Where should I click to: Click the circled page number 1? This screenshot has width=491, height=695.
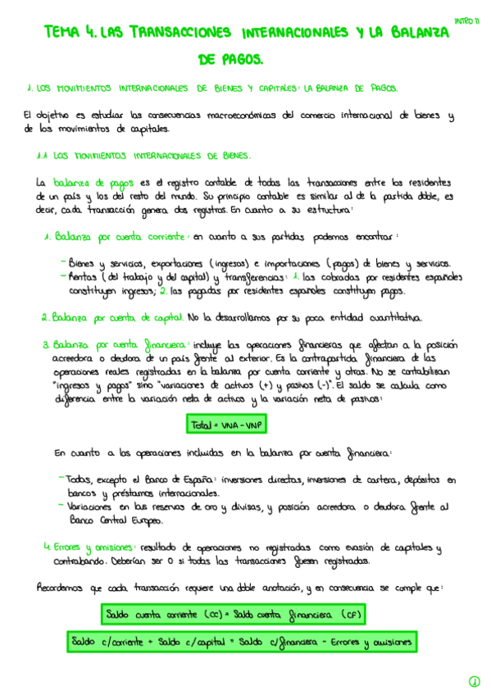pyautogui.click(x=474, y=681)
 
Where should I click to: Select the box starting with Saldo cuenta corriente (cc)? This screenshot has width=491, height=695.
pyautogui.click(x=233, y=614)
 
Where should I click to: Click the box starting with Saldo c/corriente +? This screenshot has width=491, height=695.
pyautogui.click(x=241, y=642)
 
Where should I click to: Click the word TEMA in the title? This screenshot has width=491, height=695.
pyautogui.click(x=64, y=33)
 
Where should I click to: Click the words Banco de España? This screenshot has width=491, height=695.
pyautogui.click(x=175, y=479)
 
